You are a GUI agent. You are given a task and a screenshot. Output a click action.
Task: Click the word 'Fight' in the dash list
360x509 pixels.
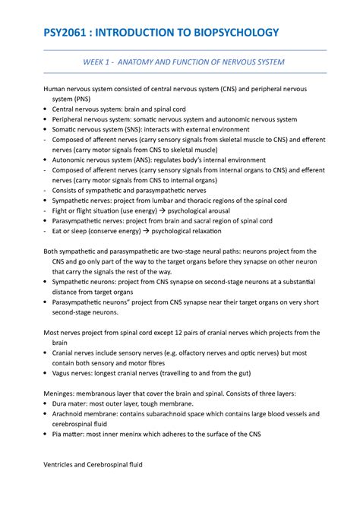pyautogui.click(x=61, y=209)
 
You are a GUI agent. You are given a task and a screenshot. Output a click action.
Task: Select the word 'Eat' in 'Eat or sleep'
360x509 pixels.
pyautogui.click(x=58, y=230)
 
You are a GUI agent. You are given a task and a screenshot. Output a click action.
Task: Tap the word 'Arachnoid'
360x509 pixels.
pyautogui.click(x=71, y=414)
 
